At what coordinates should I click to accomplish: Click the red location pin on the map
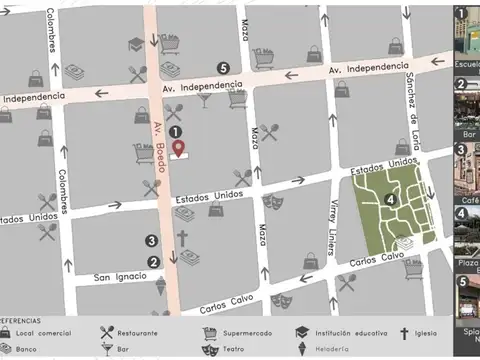click(180, 148)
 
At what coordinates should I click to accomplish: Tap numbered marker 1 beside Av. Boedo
click(175, 131)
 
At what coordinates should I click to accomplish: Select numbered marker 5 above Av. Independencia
click(222, 67)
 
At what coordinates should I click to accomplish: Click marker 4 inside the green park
click(390, 199)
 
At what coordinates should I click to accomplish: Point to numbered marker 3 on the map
click(151, 240)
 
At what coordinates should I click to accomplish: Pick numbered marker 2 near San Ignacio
click(153, 262)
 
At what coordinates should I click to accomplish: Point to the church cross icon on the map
click(182, 238)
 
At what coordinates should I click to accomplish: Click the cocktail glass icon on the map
click(204, 100)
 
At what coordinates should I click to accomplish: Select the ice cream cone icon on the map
click(160, 285)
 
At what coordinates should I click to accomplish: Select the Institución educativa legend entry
click(346, 332)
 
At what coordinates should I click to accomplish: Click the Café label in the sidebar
click(462, 212)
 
